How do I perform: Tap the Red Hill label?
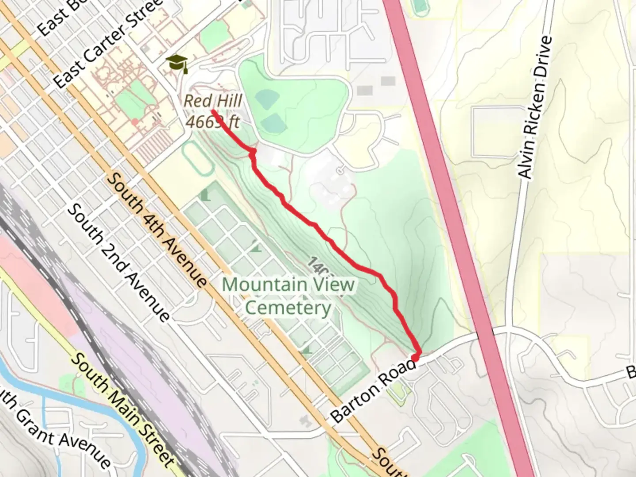coord(213,101)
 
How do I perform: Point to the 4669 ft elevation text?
coord(212,121)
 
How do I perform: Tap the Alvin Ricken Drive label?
coord(535,107)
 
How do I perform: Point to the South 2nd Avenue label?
coord(118,262)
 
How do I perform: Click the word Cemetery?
coord(288,308)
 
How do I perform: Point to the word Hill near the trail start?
coord(230,101)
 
